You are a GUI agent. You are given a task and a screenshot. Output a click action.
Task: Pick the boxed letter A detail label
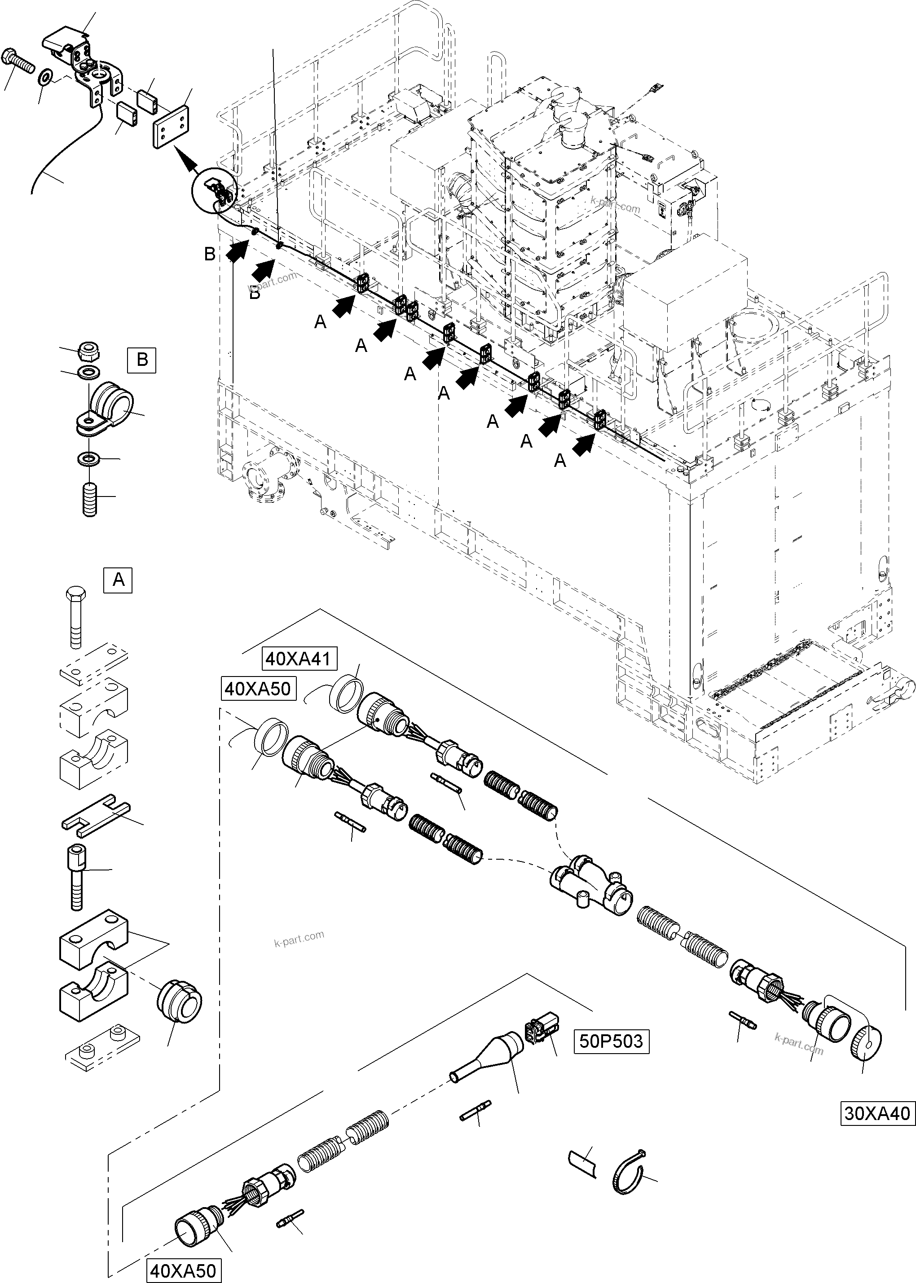[119, 580]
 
